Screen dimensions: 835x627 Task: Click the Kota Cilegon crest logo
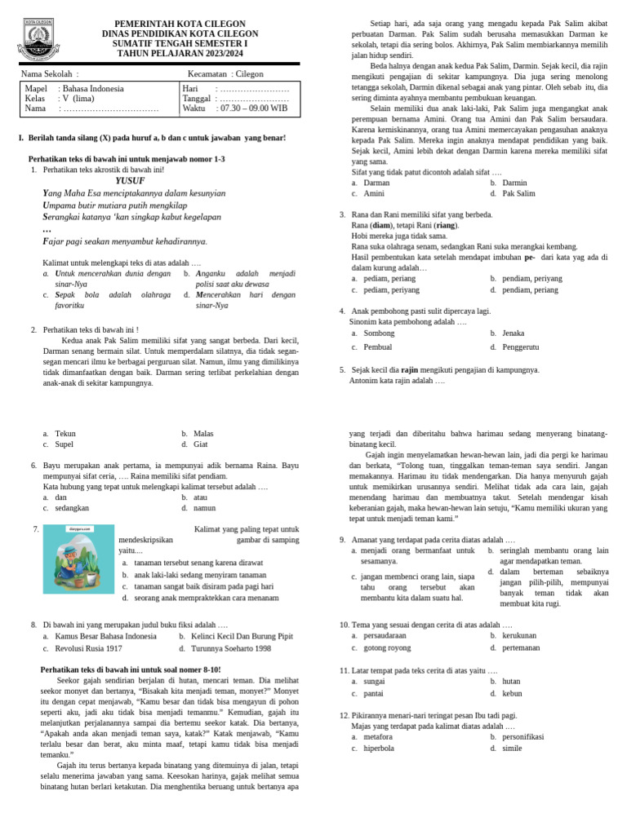point(38,39)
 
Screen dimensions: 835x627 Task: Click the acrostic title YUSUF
point(130,180)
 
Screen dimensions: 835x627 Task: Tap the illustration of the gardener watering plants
point(78,559)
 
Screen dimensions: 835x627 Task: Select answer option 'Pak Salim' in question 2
point(518,193)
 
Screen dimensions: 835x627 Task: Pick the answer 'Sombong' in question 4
point(379,334)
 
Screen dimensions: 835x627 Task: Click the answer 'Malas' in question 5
point(203,434)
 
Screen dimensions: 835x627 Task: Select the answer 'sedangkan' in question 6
point(72,507)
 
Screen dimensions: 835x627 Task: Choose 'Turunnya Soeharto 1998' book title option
point(231,648)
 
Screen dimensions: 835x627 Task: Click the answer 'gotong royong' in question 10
point(388,647)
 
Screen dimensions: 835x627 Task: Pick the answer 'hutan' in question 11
point(511,681)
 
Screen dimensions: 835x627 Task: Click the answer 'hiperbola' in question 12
point(380,748)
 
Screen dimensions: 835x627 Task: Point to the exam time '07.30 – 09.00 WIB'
point(251,108)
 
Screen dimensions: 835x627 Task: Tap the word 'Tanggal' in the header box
point(196,98)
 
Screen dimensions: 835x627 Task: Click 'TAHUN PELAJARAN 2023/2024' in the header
point(180,53)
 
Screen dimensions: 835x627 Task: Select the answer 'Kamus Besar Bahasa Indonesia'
point(105,636)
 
